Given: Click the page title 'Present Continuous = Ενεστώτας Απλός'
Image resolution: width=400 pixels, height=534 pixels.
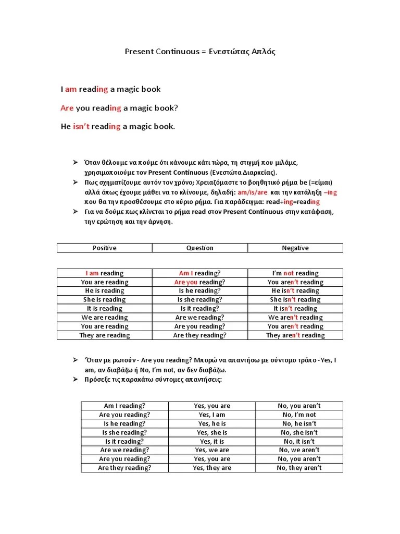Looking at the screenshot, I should [200, 52].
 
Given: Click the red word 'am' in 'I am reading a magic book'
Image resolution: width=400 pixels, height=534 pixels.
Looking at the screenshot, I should [71, 89].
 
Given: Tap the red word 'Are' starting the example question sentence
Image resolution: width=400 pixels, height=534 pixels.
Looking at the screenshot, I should [67, 108].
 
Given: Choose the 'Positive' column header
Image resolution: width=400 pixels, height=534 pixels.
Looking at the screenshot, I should [104, 248].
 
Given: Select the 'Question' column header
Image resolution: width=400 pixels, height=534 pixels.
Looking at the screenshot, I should [200, 248].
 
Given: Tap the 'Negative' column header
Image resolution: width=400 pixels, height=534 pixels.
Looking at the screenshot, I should [295, 248].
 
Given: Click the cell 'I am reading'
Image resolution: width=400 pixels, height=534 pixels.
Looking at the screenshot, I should [104, 273].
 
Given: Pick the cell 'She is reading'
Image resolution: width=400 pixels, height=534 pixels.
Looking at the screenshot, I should [104, 300].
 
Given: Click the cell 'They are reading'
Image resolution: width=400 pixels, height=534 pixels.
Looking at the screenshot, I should [104, 335].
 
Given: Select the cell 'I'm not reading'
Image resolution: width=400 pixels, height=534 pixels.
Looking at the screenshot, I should [295, 273].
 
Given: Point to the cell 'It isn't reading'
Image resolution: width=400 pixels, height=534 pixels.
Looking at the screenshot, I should [295, 309].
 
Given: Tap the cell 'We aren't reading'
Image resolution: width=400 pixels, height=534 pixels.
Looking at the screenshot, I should [295, 318].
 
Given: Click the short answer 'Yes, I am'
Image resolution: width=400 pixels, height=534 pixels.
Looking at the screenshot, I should [212, 415].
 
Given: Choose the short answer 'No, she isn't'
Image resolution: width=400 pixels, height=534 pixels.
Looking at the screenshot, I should [299, 432].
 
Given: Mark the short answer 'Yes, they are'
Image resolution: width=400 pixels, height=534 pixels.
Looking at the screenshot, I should [212, 468].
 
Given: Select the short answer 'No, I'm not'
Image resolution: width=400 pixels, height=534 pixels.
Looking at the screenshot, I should [299, 415].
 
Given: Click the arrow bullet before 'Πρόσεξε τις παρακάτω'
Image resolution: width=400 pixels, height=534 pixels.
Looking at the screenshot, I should [74, 379].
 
